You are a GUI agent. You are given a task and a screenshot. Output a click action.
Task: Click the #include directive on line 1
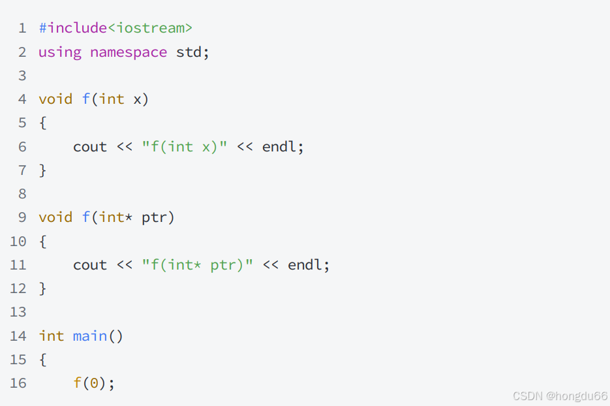tap(72, 28)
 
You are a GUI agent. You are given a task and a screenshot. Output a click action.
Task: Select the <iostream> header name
tap(149, 28)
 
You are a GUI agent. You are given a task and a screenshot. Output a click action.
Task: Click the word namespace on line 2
tap(129, 52)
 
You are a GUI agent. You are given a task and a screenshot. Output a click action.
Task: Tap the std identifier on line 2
tap(189, 52)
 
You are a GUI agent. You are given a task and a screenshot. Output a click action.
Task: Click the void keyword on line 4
tap(55, 99)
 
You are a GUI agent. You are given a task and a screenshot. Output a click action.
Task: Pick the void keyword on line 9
tap(55, 217)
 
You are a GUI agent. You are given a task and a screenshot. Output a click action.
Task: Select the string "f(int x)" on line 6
tap(185, 147)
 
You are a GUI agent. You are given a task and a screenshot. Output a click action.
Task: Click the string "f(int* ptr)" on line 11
tap(197, 265)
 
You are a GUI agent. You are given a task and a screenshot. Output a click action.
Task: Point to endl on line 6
tap(279, 147)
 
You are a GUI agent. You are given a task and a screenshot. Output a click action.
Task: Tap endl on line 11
tap(305, 265)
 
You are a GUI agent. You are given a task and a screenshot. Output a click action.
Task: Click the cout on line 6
tap(90, 147)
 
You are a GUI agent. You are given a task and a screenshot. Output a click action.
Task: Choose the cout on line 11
tap(90, 265)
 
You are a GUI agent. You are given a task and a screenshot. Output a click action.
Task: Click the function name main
tap(90, 336)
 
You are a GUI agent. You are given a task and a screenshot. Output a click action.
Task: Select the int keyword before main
tap(52, 336)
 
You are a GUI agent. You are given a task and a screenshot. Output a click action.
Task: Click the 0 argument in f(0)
tap(94, 383)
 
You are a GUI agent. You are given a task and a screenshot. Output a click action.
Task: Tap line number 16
tap(18, 383)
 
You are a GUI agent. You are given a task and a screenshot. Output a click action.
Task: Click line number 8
tap(22, 194)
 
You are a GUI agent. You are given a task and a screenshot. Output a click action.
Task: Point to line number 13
tap(18, 312)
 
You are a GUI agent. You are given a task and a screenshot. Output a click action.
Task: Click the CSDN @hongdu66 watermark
tap(560, 396)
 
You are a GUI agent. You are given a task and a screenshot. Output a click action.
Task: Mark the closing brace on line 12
tap(43, 289)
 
